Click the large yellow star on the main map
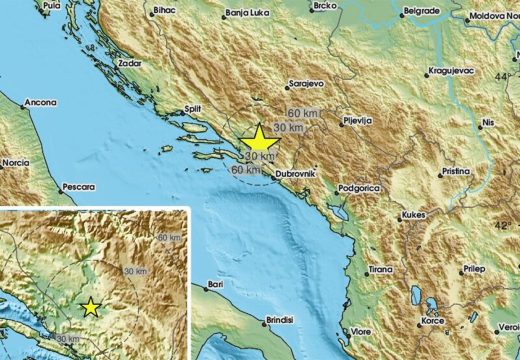pos(258,139)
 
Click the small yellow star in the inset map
pos(90,307)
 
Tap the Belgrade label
pos(420,11)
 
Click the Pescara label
pos(78,187)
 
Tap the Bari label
pos(214,285)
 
